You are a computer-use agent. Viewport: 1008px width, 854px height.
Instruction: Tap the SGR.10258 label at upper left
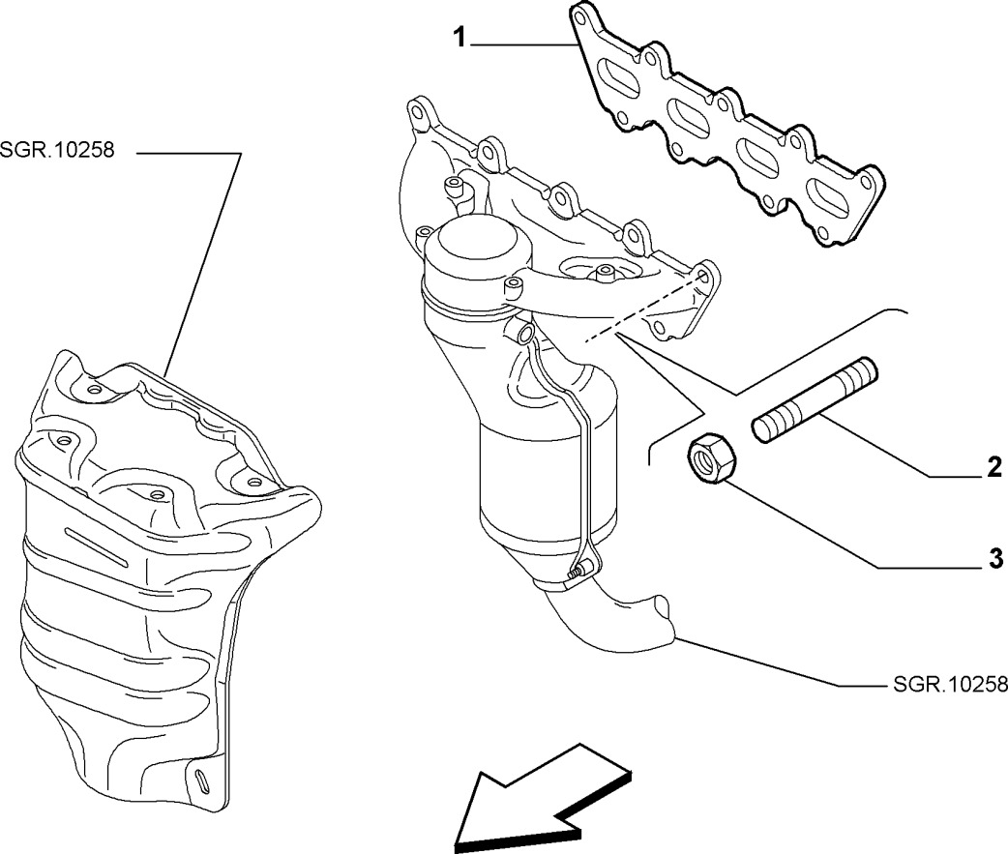[x=57, y=153]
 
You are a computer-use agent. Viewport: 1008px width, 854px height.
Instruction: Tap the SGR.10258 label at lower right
[x=947, y=685]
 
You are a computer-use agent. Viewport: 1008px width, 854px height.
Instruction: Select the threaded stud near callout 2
[x=815, y=400]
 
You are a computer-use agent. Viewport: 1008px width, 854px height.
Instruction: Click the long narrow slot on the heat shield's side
[x=97, y=546]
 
